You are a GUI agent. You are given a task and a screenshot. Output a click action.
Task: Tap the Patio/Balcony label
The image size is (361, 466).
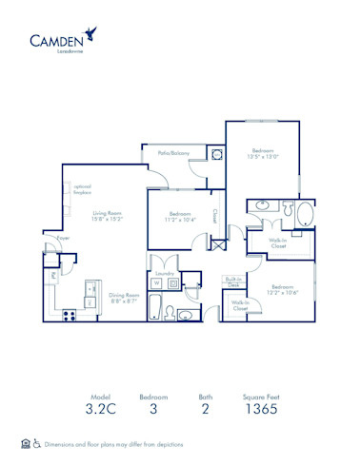pos(169,153)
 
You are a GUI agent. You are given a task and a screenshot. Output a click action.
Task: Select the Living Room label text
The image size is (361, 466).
pos(105,217)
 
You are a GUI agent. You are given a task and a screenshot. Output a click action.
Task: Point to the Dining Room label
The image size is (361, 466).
pos(125,297)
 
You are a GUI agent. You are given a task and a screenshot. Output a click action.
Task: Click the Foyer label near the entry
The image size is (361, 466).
pos(63,238)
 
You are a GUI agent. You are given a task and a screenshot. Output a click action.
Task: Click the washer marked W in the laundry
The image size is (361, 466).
pos(157,282)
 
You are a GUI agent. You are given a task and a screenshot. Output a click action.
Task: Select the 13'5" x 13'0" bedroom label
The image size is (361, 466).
pos(264,154)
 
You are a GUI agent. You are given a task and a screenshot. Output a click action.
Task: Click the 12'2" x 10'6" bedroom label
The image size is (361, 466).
pos(282,289)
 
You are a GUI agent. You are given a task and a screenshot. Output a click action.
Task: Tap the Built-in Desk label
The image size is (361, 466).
pos(232,281)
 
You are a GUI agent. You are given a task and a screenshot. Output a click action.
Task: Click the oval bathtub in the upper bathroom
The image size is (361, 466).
pos(304,211)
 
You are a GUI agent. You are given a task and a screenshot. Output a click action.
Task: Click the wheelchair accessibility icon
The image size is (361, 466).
pos(36,443)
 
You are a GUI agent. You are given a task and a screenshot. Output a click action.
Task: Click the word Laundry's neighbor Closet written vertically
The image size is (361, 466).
pos(215,215)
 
